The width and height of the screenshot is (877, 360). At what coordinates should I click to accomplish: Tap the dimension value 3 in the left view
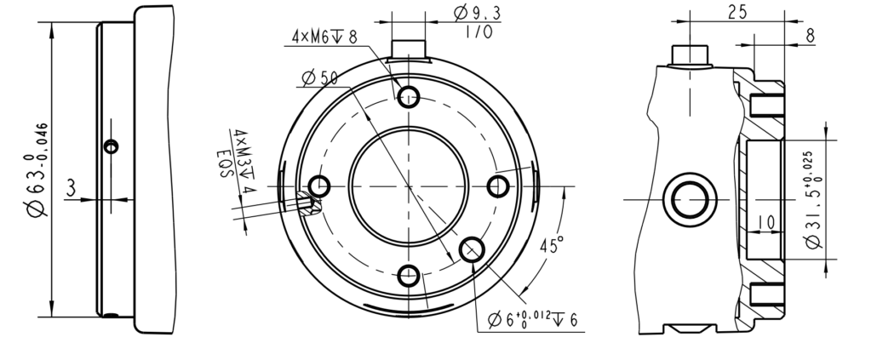[71, 188]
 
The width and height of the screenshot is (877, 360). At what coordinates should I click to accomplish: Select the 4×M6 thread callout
[324, 37]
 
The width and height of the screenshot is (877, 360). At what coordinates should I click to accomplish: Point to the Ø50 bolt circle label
[319, 77]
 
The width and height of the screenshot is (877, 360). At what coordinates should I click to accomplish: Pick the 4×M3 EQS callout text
[236, 162]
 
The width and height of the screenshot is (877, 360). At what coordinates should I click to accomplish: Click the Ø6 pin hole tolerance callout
[532, 319]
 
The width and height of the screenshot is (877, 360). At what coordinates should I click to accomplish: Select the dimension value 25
[737, 12]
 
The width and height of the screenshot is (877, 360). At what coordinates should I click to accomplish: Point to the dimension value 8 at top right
[810, 37]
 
